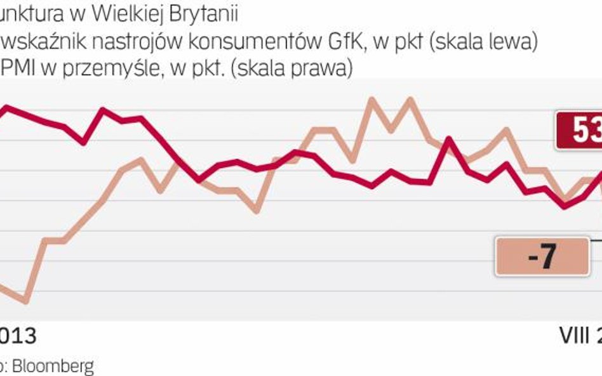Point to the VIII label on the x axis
point(574,336)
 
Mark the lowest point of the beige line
point(25,302)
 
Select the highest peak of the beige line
point(410,99)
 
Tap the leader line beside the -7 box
point(596,240)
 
